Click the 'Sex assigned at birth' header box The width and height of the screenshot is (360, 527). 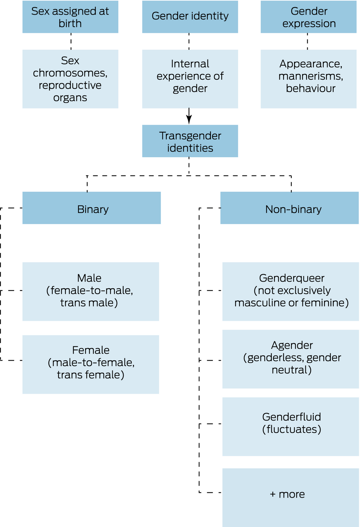(x=70, y=17)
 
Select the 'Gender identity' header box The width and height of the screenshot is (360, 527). (x=190, y=17)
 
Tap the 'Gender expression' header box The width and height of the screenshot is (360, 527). (x=309, y=17)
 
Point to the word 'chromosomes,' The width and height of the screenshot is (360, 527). (x=70, y=73)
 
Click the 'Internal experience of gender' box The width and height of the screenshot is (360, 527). (x=190, y=79)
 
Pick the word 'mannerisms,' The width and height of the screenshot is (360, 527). (x=311, y=76)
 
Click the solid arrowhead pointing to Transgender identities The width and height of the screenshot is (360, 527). (x=189, y=119)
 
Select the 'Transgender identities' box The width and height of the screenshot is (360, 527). (x=190, y=141)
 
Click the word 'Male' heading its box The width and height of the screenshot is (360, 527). (x=89, y=278)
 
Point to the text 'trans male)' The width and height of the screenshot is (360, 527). (x=89, y=303)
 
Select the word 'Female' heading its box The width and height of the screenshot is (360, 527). (x=91, y=350)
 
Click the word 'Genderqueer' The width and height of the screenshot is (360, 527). (x=292, y=278)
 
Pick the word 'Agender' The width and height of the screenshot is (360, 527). (x=292, y=345)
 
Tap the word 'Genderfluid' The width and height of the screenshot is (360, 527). (x=292, y=417)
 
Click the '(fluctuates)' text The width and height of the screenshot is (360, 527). (x=292, y=429)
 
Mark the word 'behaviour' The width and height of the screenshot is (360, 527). (x=311, y=89)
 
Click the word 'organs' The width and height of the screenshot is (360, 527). (x=70, y=98)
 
